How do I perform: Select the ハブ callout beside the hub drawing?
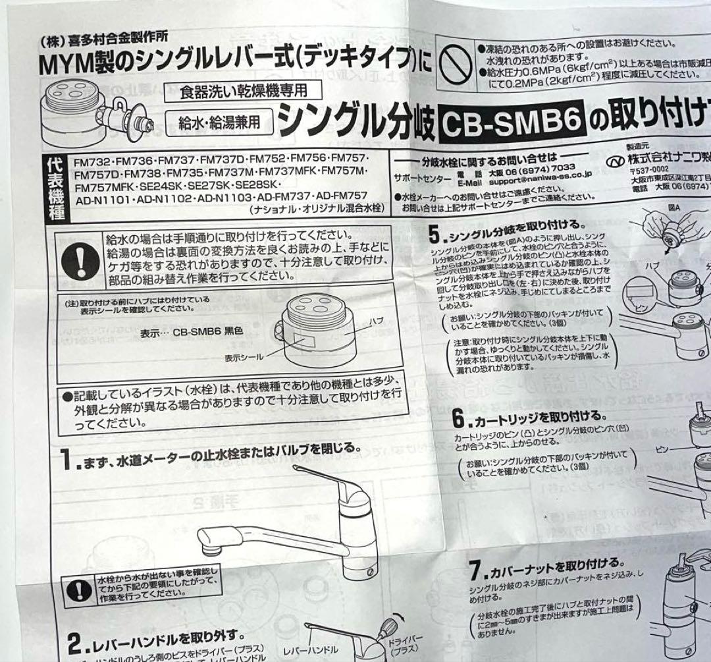tap(376, 320)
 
